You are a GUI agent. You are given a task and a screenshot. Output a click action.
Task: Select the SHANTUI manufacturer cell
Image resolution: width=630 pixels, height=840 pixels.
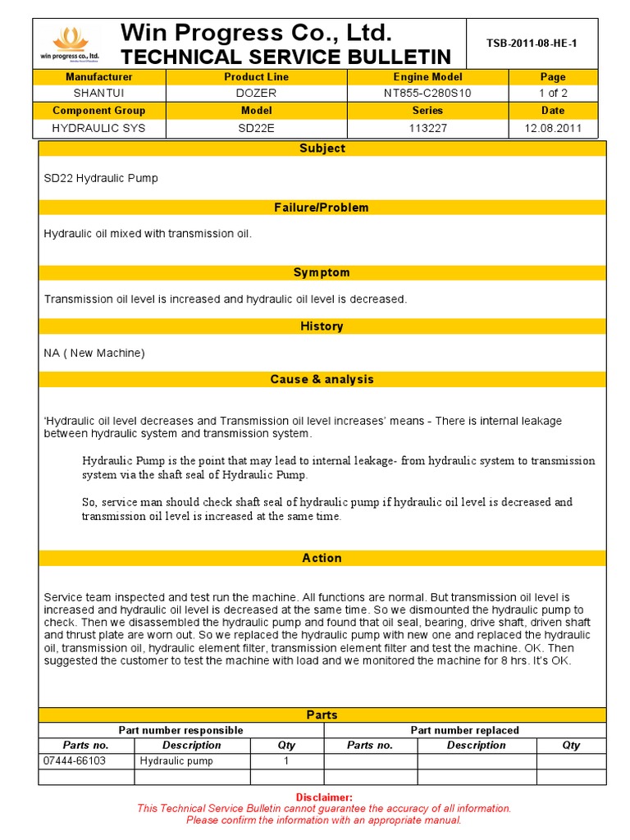click(x=98, y=94)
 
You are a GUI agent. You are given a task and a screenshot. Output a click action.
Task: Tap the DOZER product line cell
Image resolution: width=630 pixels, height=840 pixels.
click(x=256, y=94)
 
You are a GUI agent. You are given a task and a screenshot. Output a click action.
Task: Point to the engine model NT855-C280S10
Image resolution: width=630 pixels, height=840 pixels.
click(x=427, y=94)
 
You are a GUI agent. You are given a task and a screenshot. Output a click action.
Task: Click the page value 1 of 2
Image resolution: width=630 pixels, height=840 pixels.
click(x=553, y=94)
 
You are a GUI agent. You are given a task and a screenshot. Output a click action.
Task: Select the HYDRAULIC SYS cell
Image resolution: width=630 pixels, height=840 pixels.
click(x=98, y=128)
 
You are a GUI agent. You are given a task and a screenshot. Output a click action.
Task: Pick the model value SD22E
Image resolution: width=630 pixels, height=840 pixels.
click(x=256, y=128)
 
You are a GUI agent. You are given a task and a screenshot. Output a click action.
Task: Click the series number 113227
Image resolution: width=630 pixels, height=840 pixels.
click(x=427, y=128)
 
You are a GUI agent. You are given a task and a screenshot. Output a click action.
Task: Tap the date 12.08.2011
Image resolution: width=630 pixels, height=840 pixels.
click(x=553, y=128)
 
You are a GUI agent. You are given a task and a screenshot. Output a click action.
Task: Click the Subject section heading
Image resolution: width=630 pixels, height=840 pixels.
click(x=322, y=148)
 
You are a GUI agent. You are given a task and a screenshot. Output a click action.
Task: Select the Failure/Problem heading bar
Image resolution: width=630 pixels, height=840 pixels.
click(x=322, y=208)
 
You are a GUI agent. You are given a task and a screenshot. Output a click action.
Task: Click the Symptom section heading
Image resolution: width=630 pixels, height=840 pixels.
click(x=322, y=272)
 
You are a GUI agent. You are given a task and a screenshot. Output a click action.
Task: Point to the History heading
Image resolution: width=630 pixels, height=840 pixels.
click(x=322, y=326)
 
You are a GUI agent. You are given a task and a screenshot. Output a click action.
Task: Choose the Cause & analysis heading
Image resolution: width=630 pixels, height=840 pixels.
click(x=322, y=379)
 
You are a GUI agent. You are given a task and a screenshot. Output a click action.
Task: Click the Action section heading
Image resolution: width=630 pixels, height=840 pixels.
click(x=322, y=558)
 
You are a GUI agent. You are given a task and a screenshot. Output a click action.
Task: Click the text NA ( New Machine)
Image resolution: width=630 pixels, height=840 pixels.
click(x=94, y=353)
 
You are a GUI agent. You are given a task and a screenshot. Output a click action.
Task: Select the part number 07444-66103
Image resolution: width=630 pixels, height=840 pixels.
click(x=75, y=761)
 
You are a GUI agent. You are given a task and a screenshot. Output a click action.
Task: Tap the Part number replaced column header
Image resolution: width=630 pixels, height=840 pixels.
click(x=464, y=730)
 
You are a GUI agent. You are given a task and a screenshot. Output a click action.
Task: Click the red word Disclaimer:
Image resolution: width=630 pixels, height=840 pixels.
click(x=324, y=797)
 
